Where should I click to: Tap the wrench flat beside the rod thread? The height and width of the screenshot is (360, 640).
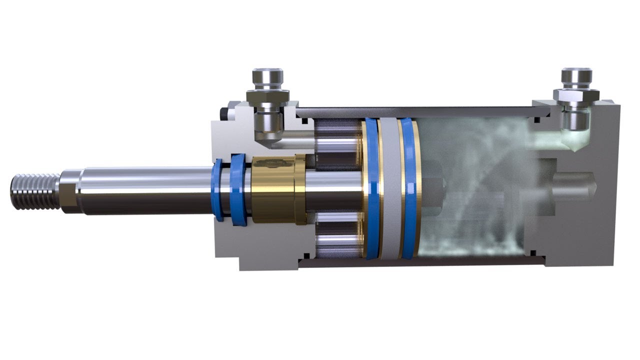pyautogui.click(x=68, y=191)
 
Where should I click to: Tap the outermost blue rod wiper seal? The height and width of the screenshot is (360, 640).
pyautogui.click(x=218, y=190)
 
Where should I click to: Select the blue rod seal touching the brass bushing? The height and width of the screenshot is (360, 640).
pyautogui.click(x=238, y=190)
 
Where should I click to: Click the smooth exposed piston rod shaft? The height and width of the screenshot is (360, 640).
pyautogui.click(x=145, y=190)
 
